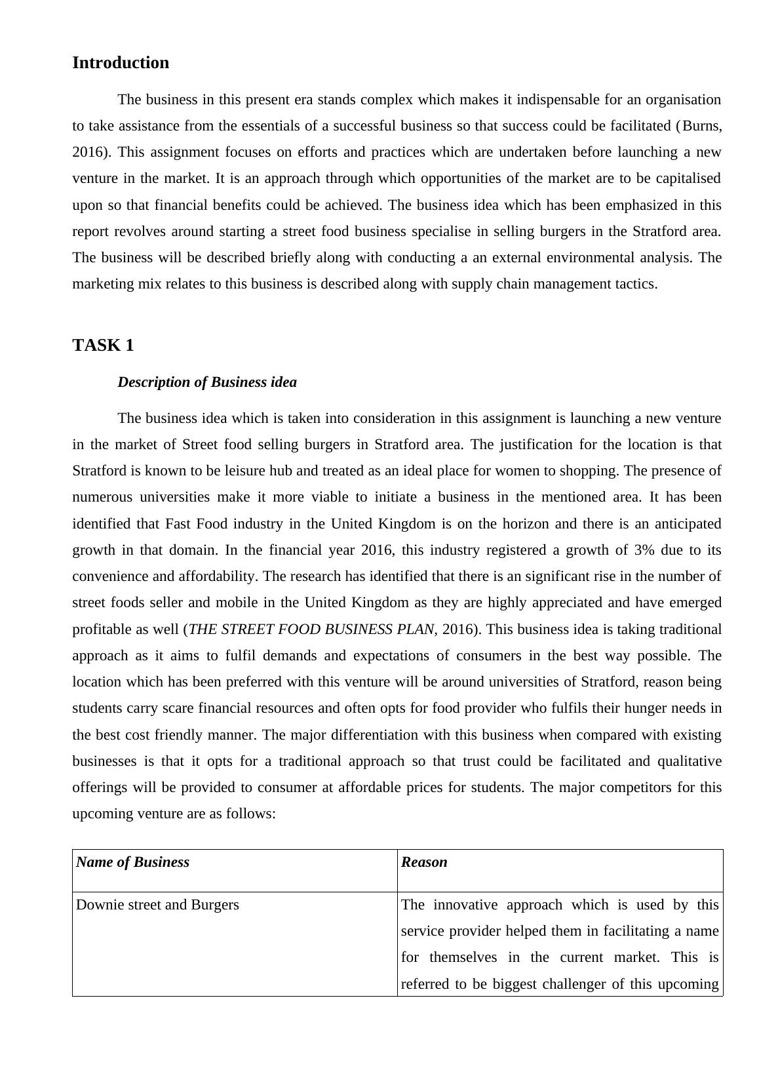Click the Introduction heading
[121, 63]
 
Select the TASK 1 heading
[103, 346]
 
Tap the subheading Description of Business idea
[206, 382]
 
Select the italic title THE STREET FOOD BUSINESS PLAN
[311, 629]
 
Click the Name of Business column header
[133, 862]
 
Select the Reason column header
[424, 862]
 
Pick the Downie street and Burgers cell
[157, 905]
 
